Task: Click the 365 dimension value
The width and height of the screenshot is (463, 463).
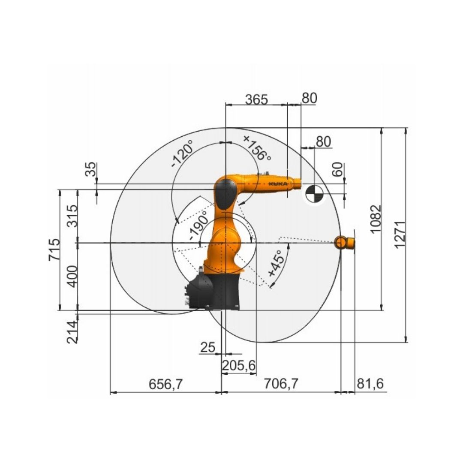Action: coord(256,99)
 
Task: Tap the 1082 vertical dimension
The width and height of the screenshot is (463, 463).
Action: coord(376,219)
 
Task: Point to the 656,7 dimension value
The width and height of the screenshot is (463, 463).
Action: coord(165,384)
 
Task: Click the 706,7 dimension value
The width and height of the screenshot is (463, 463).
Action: coord(281,384)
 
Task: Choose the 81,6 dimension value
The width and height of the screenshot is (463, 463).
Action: coord(370,384)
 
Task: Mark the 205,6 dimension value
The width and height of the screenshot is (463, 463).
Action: coord(239,366)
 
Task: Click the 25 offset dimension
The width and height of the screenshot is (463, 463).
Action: coord(208,347)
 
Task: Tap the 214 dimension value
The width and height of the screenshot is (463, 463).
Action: coord(72,332)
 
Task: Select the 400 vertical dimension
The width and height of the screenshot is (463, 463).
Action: coord(72,277)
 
